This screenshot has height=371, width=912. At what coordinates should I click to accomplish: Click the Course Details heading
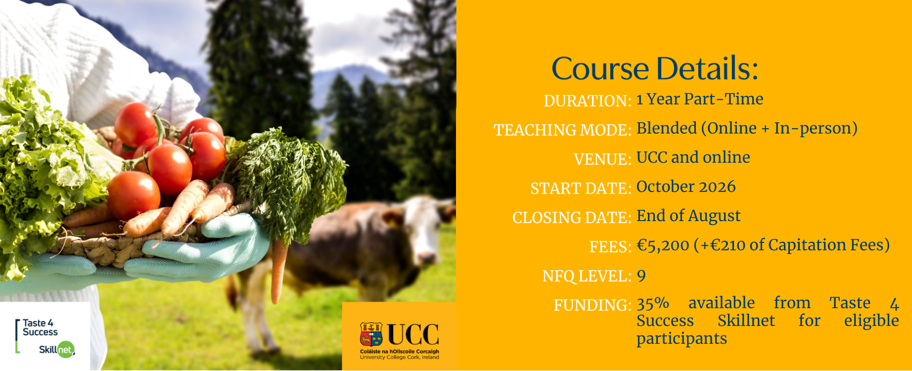654,68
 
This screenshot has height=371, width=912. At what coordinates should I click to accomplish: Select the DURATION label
588,101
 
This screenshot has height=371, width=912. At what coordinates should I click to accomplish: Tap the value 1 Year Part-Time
700,99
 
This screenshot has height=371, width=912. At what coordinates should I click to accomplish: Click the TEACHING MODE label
563,130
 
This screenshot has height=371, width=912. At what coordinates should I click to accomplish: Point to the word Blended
667,128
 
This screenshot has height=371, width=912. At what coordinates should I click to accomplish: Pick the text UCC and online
693,157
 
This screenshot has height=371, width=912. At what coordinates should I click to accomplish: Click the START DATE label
581,188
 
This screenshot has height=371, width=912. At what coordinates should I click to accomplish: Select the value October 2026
686,186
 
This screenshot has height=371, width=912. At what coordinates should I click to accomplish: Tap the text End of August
688,216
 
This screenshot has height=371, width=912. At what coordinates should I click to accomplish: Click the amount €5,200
663,245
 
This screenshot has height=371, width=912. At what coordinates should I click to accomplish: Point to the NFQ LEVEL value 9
641,276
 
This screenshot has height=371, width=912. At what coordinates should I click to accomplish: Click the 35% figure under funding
653,303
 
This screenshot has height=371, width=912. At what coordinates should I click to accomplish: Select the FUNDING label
593,305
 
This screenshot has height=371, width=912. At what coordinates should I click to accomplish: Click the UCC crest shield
371,334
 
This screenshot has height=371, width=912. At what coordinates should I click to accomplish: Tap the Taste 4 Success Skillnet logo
45,337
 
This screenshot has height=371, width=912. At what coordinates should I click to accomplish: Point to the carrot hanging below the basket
278,270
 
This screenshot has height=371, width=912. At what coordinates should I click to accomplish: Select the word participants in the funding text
682,339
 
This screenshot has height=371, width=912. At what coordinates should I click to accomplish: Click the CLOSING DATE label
572,218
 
